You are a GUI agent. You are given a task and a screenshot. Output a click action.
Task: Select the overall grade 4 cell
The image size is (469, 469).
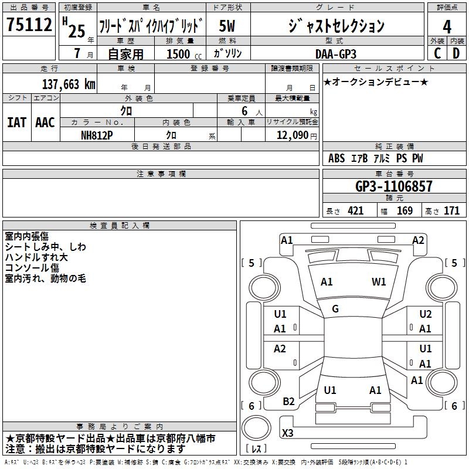[447, 26]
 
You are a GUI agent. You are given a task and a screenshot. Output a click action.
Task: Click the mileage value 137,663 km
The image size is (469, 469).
[69, 84]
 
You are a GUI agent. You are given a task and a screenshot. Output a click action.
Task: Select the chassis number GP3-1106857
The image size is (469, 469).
[393, 187]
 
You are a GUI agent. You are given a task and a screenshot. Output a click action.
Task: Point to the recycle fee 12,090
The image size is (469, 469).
[291, 135]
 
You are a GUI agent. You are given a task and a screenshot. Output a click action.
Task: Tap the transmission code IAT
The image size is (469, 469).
[16, 123]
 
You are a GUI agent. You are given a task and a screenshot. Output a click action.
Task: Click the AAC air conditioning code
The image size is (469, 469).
[45, 123]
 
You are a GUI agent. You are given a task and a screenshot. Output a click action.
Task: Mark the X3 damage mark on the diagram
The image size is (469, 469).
[288, 433]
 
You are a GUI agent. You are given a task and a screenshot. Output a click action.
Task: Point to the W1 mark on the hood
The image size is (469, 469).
[379, 282]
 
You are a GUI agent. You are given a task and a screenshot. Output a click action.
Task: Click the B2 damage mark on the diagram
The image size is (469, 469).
[288, 402]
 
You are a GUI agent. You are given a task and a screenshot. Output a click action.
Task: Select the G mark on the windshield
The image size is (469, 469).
[335, 309]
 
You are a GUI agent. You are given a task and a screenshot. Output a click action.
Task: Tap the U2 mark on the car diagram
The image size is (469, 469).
[426, 314]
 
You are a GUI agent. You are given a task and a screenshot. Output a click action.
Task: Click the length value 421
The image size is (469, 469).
[355, 211]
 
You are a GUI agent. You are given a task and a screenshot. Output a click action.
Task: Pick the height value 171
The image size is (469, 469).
[451, 211]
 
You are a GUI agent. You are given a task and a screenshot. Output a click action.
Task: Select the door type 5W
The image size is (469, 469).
[227, 26]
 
